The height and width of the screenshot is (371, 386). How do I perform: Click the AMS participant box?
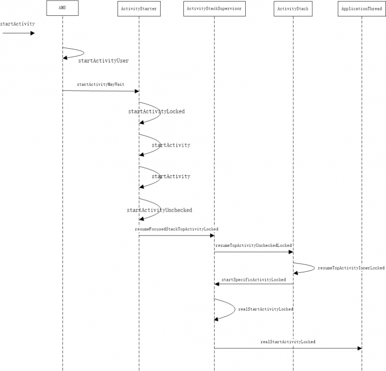click(62, 8)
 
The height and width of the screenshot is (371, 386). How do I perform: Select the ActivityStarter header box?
click(139, 9)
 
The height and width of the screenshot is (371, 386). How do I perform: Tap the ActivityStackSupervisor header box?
click(214, 9)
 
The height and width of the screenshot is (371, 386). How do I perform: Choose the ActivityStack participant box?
click(293, 9)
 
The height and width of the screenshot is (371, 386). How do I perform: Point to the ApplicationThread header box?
click(362, 9)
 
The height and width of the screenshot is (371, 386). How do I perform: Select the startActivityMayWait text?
click(100, 84)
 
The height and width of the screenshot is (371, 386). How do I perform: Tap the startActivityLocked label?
click(156, 112)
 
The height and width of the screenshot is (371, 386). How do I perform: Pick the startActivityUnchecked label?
click(159, 210)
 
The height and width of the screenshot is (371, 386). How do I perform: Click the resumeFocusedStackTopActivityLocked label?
click(177, 229)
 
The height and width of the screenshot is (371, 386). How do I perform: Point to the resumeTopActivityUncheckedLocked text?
click(254, 245)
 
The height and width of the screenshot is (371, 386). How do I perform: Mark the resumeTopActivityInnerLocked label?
click(351, 267)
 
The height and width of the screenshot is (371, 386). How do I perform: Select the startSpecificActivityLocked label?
click(254, 280)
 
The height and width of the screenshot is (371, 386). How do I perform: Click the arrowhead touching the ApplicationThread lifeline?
click(359, 348)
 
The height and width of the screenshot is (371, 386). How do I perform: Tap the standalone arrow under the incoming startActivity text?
click(18, 33)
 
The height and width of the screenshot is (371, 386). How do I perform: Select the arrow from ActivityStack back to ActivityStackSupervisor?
click(254, 284)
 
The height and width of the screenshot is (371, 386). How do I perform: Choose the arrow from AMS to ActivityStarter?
click(100, 91)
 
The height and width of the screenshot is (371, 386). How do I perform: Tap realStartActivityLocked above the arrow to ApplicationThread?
click(288, 342)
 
